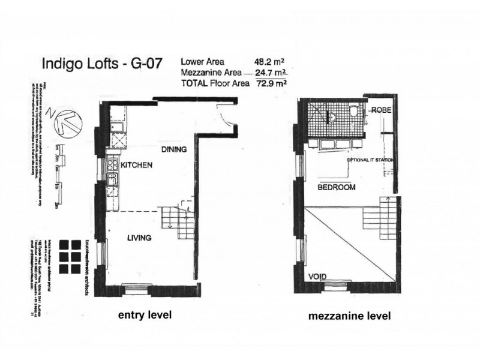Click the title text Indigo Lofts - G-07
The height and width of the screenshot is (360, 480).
101,64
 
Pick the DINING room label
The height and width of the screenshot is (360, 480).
173,149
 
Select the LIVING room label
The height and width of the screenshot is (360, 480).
139,238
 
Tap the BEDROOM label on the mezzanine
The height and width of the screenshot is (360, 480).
337,187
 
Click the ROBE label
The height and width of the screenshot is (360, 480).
382,110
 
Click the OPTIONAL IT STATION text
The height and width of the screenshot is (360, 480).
370,161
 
